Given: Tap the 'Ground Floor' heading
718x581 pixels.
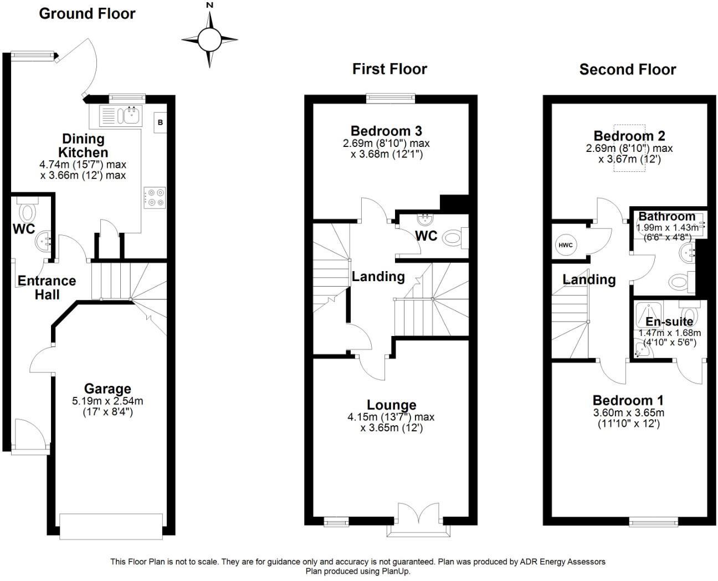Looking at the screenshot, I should [87, 14].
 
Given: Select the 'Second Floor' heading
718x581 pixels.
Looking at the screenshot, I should [627, 69].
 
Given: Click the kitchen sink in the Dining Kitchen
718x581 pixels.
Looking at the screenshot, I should [132, 115].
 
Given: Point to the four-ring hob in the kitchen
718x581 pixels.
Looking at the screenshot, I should [155, 197].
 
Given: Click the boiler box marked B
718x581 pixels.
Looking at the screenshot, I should [160, 123].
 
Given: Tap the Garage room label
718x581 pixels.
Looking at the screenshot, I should [107, 389].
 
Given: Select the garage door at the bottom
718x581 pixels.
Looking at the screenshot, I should [111, 526].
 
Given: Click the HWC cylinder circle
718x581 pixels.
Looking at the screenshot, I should [565, 245].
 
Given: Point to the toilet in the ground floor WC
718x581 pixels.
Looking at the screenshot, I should [27, 211].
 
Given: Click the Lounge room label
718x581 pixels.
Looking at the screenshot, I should [391, 405].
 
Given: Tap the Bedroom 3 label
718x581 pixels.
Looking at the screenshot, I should [386, 131].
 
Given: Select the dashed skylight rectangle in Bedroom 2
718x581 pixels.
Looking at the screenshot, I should [629, 149].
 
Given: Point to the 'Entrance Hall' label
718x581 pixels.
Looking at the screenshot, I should [47, 288].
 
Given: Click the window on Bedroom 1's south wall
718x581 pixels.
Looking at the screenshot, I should [654, 521].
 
